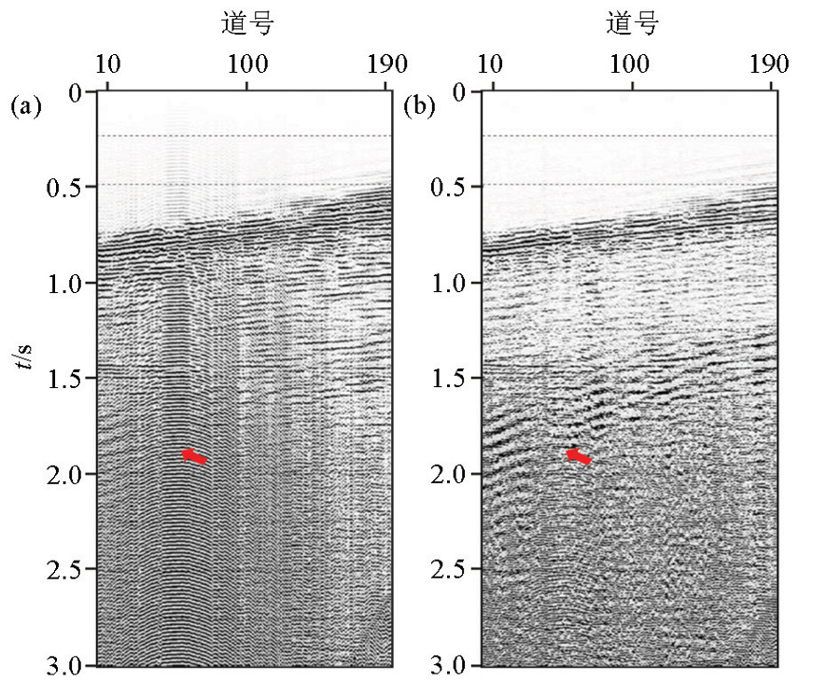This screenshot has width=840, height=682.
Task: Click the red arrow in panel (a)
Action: click(x=194, y=456)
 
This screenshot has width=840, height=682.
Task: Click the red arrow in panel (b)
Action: click(x=580, y=456)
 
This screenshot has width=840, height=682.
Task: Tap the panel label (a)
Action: click(x=26, y=105)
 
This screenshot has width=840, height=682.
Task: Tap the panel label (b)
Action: click(x=419, y=105)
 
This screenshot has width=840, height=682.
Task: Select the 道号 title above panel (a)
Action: click(x=247, y=24)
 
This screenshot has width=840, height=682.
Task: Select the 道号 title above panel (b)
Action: click(x=632, y=24)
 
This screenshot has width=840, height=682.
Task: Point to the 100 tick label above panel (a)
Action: click(x=246, y=64)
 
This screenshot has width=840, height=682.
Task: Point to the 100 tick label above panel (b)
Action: click(x=631, y=64)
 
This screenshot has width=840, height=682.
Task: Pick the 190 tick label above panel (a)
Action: click(x=386, y=64)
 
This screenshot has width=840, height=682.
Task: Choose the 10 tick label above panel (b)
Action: click(x=492, y=64)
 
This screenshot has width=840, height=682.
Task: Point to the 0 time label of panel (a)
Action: click(x=76, y=92)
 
